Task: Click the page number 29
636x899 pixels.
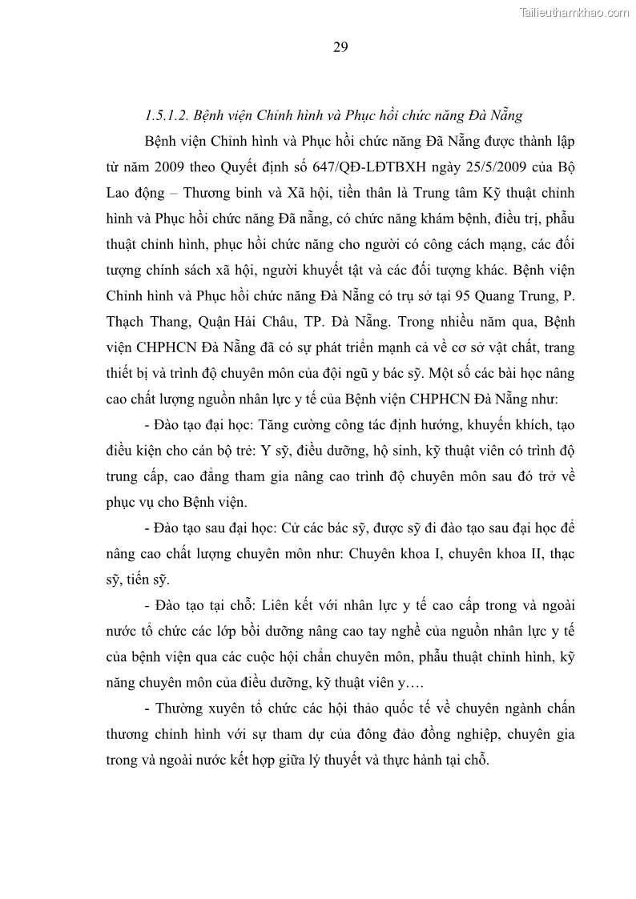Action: tap(340, 47)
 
